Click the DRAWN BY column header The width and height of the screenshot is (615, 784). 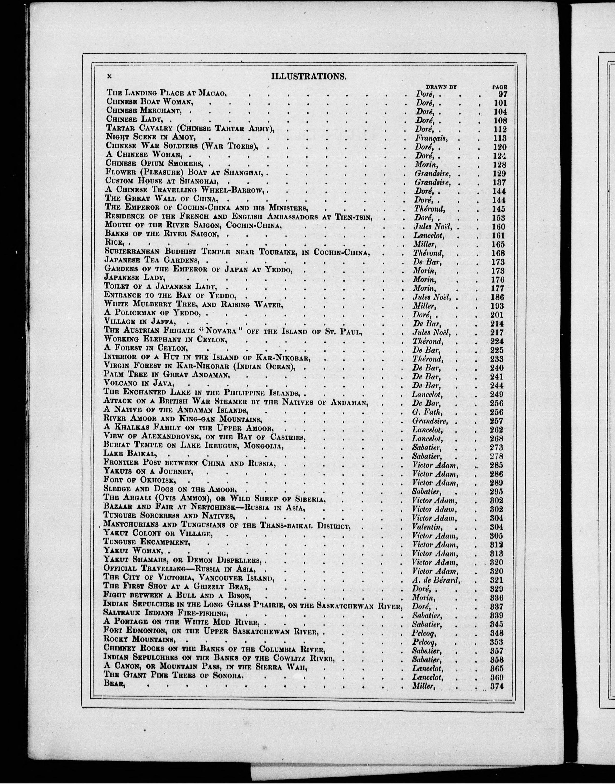[x=441, y=87]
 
